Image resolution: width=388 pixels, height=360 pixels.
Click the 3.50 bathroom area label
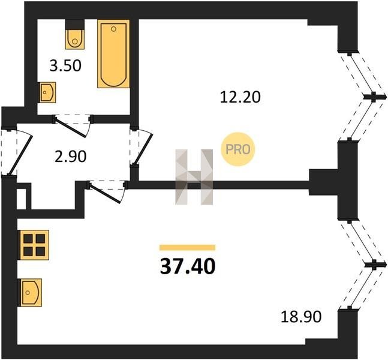pos(65,66)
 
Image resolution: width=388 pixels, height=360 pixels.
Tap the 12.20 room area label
pos(240,97)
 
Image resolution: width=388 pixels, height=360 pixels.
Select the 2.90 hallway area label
pos(71,157)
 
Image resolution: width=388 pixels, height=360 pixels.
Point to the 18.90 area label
pos(301,316)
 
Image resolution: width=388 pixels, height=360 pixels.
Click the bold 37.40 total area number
pos(188,266)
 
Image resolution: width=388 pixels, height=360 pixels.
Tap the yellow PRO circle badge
pos(238,149)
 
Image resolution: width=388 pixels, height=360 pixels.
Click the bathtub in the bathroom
pos(113,54)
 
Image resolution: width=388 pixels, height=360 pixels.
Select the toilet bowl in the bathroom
pos(75,39)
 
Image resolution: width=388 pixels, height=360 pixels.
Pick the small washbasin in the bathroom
pos(48,92)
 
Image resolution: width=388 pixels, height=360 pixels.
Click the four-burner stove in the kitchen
pos(34,245)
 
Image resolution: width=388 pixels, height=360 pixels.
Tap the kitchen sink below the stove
pos(31,292)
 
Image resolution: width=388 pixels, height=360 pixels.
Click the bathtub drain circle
pos(113,29)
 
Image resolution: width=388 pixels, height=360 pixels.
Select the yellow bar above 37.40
pos(187,247)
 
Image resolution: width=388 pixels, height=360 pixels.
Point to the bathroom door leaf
pos(70,128)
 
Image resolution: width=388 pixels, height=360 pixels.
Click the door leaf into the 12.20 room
pos(143,149)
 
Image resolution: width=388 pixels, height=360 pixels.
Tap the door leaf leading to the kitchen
pos(105,193)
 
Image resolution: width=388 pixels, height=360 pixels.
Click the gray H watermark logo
pos(194,177)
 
